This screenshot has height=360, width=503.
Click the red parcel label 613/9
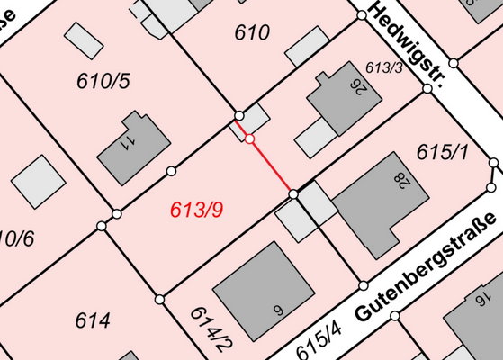tap(196, 211)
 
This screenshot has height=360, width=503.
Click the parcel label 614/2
tap(212, 327)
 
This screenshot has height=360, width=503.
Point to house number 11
tap(128, 141)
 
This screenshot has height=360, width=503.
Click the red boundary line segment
tap(271, 166)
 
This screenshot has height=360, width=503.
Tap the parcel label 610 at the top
tap(252, 33)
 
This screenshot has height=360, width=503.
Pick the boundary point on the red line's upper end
tap(249, 139)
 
